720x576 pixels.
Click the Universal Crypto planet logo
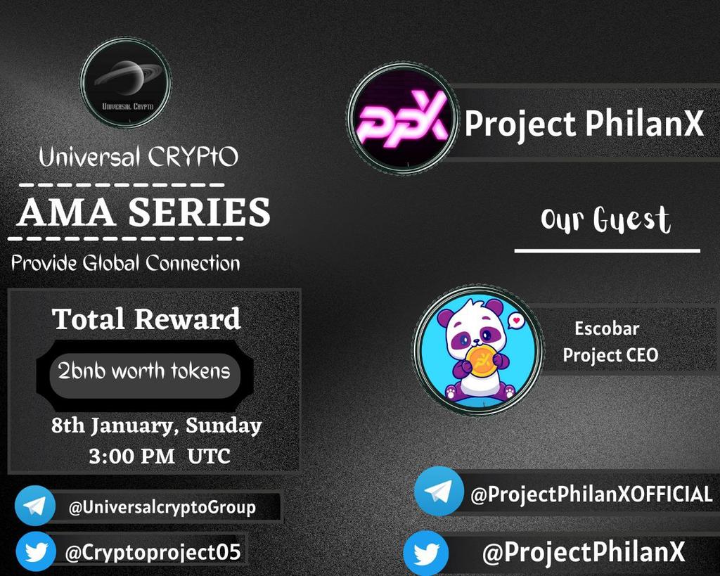[125, 83]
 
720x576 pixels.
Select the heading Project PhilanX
[584, 124]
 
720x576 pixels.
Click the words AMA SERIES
[143, 212]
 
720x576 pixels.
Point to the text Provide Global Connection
[126, 264]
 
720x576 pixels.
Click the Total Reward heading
[146, 319]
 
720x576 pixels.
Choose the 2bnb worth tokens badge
[144, 371]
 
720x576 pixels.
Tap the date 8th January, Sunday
[156, 425]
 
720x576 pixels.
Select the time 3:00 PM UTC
[160, 456]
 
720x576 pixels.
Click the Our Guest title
[605, 220]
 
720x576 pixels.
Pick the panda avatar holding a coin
[478, 350]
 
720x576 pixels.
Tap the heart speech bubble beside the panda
[517, 321]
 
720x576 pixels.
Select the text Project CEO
[610, 355]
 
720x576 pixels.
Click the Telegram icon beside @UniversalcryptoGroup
[35, 506]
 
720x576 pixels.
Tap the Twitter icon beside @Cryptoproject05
[35, 552]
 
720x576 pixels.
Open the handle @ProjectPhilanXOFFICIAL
[591, 494]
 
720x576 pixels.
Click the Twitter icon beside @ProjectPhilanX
[426, 553]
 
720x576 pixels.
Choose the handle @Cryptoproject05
[153, 553]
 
